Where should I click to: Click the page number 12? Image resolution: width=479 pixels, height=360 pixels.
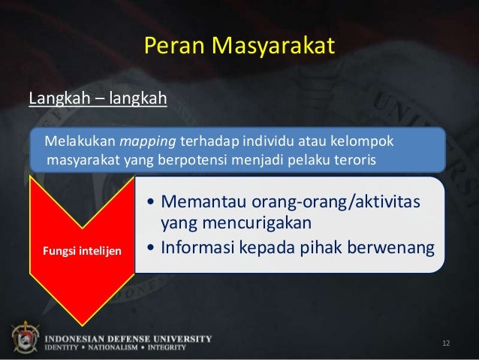[446, 343]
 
